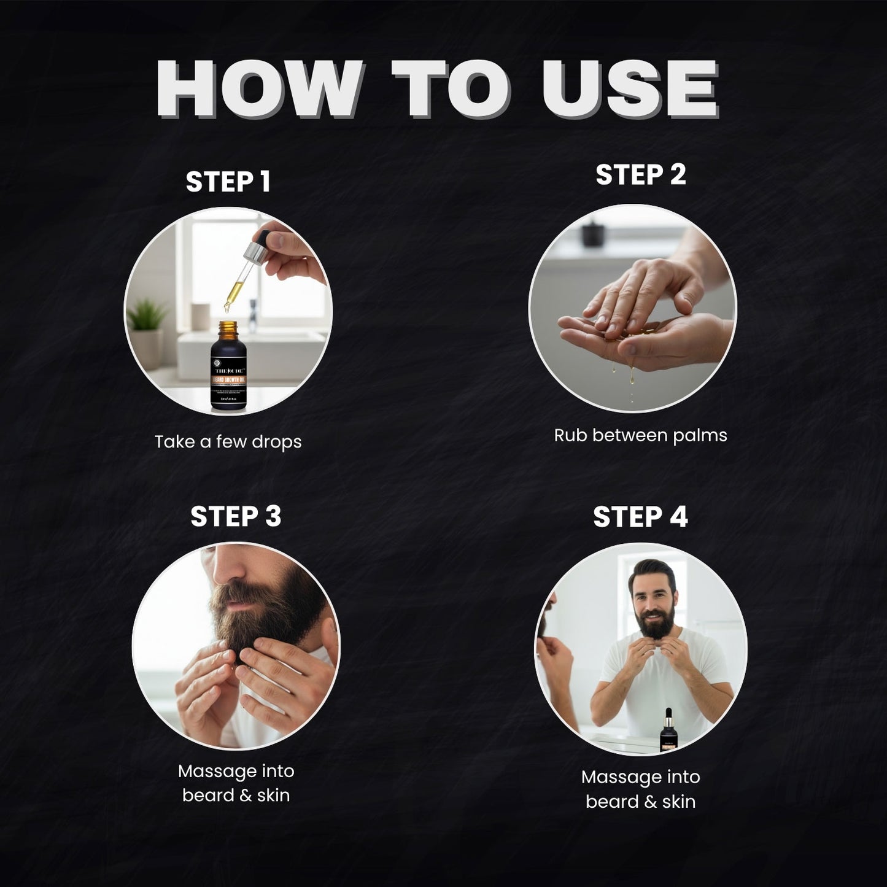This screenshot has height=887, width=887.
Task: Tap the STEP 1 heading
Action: click(228, 182)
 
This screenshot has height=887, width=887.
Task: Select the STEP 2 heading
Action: click(640, 175)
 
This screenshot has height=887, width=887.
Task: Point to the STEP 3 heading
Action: click(236, 516)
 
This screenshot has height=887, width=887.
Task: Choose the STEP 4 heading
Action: click(640, 517)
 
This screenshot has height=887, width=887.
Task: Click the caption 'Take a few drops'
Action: click(228, 441)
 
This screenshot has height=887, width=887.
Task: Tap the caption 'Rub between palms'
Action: click(640, 435)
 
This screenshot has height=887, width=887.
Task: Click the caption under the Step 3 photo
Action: click(236, 783)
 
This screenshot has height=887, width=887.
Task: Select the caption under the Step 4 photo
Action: click(640, 789)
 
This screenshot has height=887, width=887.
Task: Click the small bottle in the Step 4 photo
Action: click(666, 730)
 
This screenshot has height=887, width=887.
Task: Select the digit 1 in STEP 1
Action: click(264, 182)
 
